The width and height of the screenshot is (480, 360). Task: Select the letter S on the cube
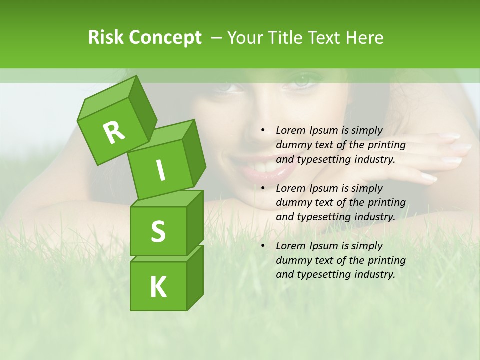[158, 231]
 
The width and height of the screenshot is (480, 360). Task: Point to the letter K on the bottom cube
[158, 287]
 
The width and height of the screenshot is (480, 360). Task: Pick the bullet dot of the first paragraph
[263, 130]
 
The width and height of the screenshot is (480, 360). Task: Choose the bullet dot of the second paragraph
[263, 188]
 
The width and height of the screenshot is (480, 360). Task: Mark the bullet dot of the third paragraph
[263, 246]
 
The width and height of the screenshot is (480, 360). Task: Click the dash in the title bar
[217, 38]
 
